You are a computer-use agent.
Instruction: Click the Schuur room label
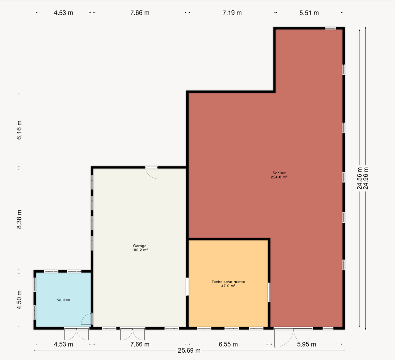coord(279,173)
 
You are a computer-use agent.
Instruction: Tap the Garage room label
coord(140,246)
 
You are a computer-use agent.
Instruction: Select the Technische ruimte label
coord(228,282)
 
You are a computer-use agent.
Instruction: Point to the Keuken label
coord(63,300)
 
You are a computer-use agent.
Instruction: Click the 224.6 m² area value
coord(279,177)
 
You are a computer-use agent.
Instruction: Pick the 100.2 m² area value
coord(140,250)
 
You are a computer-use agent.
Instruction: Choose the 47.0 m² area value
coord(228,286)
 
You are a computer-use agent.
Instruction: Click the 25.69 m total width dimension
coord(189,350)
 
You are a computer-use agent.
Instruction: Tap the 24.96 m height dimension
coord(366,178)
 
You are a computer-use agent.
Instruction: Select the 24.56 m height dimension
coord(360,178)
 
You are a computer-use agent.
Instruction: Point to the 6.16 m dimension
coord(19,130)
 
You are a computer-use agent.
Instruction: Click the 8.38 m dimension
coord(19,219)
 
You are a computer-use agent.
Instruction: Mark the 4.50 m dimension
coord(19,300)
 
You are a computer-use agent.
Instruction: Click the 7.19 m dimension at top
coord(232,13)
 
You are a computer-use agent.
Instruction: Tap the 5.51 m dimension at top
coord(309,13)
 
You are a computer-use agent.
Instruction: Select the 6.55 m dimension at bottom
coord(228,344)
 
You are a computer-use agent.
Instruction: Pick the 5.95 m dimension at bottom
coord(306,344)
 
